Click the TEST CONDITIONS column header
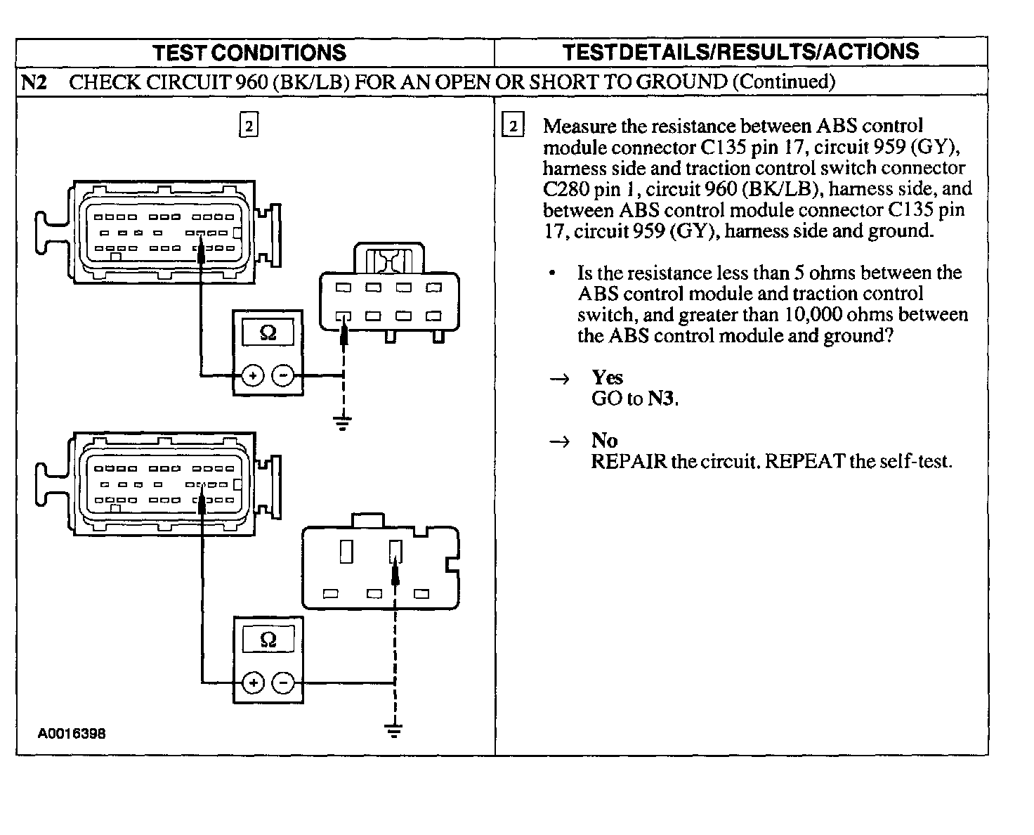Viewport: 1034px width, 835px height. (249, 53)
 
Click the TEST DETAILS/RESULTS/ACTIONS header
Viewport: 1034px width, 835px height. (741, 51)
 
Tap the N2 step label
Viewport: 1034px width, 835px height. (34, 82)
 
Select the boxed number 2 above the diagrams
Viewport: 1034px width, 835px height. (249, 127)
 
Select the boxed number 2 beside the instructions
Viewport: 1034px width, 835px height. (513, 127)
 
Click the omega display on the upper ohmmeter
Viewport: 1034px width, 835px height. (268, 332)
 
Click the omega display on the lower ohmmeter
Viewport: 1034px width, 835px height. (268, 640)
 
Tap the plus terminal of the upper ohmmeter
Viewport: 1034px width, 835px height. (252, 376)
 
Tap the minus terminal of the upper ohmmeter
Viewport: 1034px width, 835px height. (283, 376)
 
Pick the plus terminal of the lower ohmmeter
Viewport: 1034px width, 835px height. (253, 682)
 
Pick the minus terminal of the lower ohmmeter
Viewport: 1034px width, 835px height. (283, 682)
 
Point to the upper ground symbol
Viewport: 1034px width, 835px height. (343, 423)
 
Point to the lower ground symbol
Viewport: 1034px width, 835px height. (395, 731)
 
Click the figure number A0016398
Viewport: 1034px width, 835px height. (72, 734)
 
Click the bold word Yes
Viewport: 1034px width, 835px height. (607, 377)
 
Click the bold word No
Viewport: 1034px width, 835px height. (604, 441)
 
